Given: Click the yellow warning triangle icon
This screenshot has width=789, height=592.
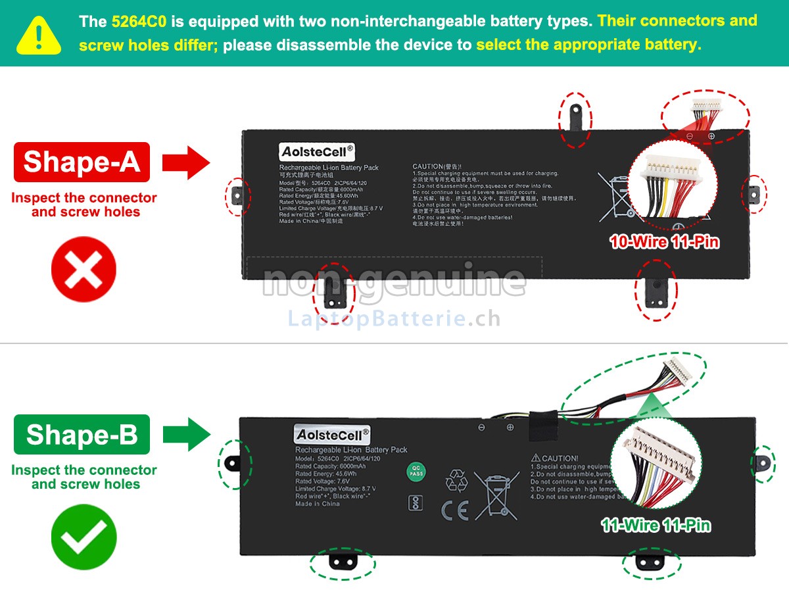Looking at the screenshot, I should pos(39,34).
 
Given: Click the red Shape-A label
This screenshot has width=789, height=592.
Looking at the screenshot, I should pos(82,162).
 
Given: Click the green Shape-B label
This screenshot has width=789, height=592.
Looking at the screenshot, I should pos(82,435).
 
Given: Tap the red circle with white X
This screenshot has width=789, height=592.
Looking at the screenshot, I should pos(84,270).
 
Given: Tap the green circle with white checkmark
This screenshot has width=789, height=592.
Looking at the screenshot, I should pos(84,537).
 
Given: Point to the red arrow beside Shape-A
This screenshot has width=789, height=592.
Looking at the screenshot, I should pos(186,162).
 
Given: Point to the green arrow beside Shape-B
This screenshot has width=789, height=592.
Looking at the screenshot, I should pos(186,434).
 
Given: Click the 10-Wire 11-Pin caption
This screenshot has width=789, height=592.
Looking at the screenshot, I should pos(664,242).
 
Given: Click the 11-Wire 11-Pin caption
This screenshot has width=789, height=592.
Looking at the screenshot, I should pos(656,525).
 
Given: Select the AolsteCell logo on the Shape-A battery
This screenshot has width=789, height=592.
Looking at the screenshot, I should pos(317,152).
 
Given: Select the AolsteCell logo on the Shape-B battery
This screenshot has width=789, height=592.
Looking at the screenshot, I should pos(332,435).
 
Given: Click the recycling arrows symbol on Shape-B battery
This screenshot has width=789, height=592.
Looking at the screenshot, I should pos(456,480).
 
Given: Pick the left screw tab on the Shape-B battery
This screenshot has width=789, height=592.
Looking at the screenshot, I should pos(234,464).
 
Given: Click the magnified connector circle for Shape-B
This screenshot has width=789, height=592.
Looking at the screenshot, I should pos(656,470).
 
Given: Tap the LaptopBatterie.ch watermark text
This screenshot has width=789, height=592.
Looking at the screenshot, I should pos(394,319).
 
